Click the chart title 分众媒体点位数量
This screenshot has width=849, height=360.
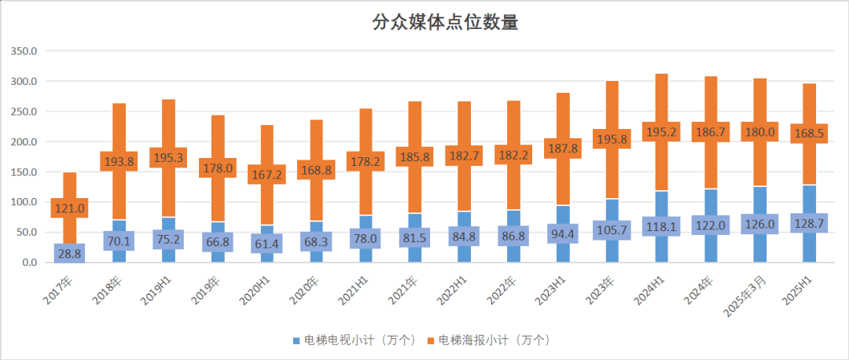pyautogui.click(x=445, y=23)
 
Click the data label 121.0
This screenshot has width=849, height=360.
pyautogui.click(x=70, y=208)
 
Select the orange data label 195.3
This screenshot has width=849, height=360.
pyautogui.click(x=168, y=157)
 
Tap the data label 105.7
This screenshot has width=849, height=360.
pyautogui.click(x=611, y=229)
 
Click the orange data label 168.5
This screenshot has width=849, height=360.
pyautogui.click(x=809, y=134)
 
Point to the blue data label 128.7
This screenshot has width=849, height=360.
pyautogui.click(x=809, y=224)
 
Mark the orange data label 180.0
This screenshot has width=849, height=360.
pyautogui.click(x=759, y=132)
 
